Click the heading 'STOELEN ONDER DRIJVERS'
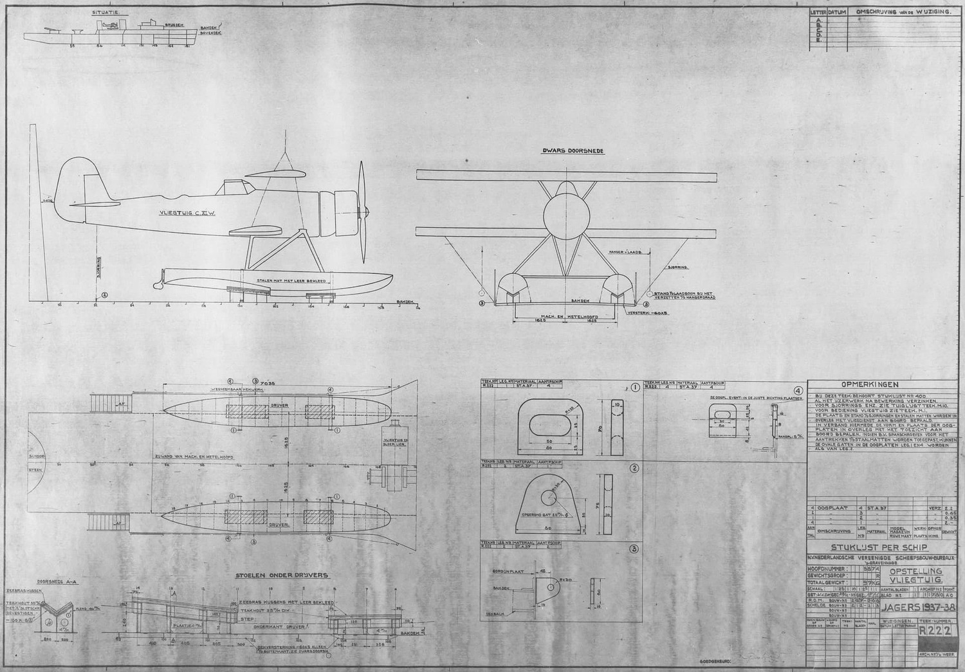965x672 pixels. (282, 575)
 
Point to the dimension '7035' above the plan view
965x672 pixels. (268, 382)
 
